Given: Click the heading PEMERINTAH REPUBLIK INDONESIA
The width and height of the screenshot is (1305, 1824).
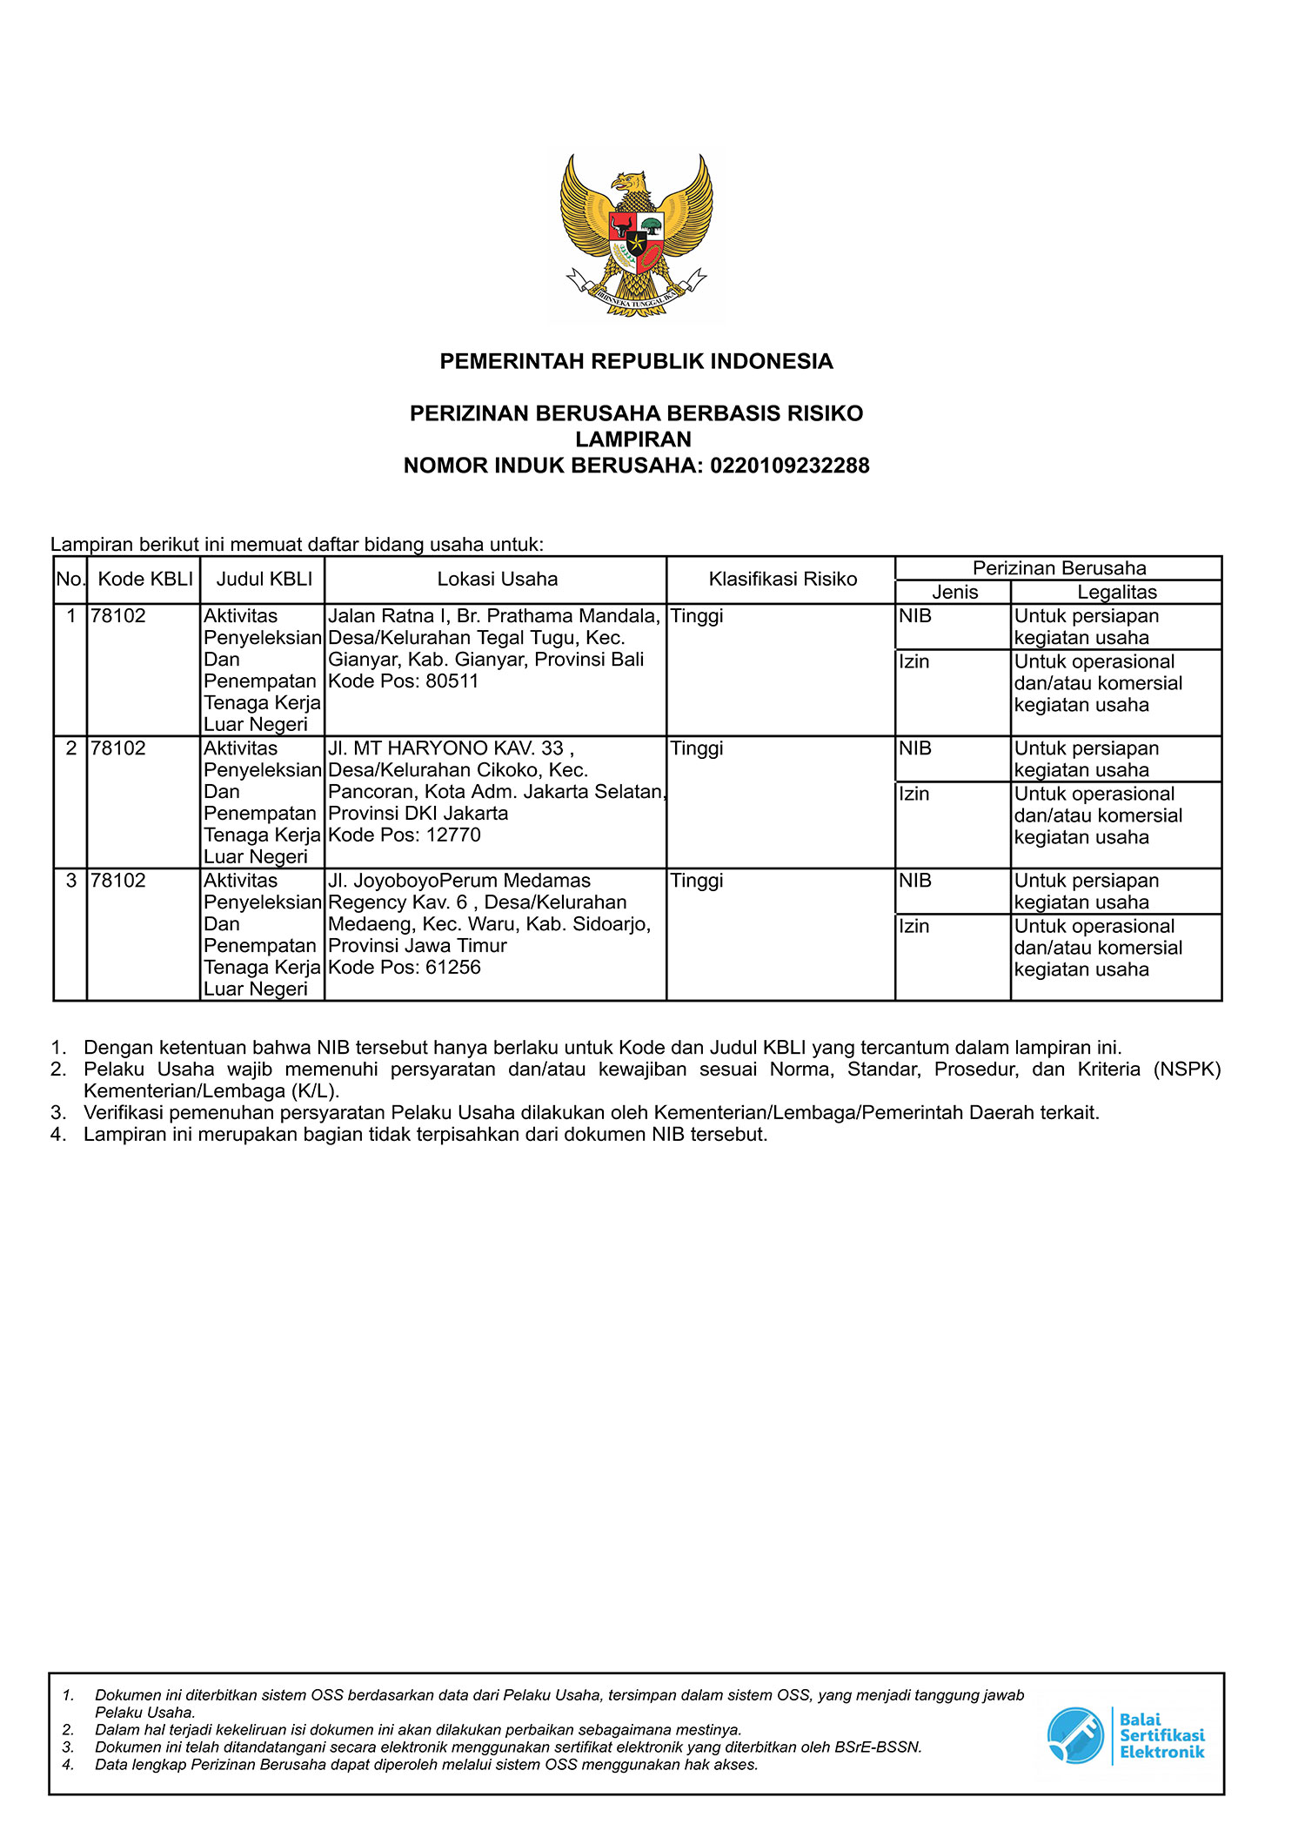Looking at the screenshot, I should pos(636,361).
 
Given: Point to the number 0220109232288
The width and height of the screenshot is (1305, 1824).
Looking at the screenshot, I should pos(789,466).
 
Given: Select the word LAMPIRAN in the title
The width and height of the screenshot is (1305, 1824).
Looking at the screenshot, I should pos(633,439).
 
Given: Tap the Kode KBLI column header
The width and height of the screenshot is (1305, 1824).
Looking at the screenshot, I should pos(145,580).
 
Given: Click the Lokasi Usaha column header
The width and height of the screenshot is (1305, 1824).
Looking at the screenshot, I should pos(497,580).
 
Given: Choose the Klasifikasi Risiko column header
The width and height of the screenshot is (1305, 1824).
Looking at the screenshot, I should pos(782,580).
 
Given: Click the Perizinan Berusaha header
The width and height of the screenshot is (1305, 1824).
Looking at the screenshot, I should pos(1059,568).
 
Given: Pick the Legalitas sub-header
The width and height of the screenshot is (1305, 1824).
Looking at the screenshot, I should pos(1117,593).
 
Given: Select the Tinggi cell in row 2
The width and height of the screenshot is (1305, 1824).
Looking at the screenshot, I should pos(697,748).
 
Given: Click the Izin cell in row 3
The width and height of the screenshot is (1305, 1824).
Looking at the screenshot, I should pos(914,926).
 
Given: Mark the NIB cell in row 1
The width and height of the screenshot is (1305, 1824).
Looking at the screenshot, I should pos(915,616).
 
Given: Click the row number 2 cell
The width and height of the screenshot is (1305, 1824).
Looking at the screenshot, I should pos(71,748).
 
